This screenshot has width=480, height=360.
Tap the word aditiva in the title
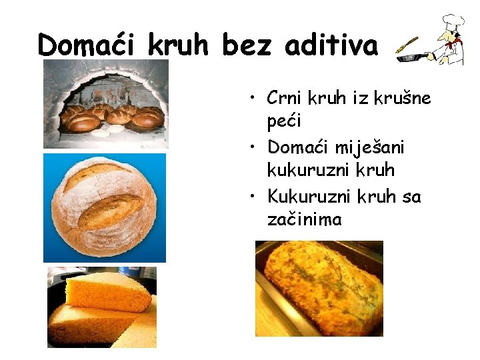tap(331, 45)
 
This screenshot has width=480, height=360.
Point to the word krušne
tap(402, 99)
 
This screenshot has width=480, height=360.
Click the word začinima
tap(304, 219)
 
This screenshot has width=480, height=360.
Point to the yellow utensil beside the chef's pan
tap(407, 45)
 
